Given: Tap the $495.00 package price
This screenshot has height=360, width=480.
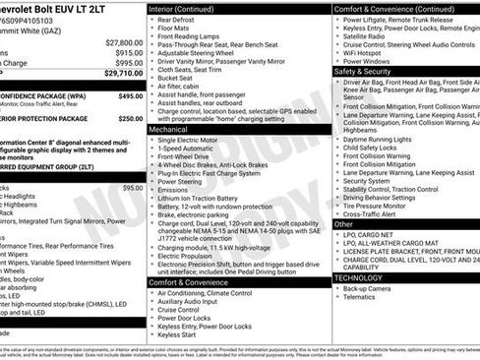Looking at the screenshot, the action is pyautogui.click(x=130, y=96).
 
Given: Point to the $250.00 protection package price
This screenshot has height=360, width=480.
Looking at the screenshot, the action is pyautogui.click(x=130, y=118).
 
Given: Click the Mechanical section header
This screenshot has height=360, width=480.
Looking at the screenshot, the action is pyautogui.click(x=169, y=129).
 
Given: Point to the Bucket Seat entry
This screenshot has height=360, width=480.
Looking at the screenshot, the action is pyautogui.click(x=176, y=78).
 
